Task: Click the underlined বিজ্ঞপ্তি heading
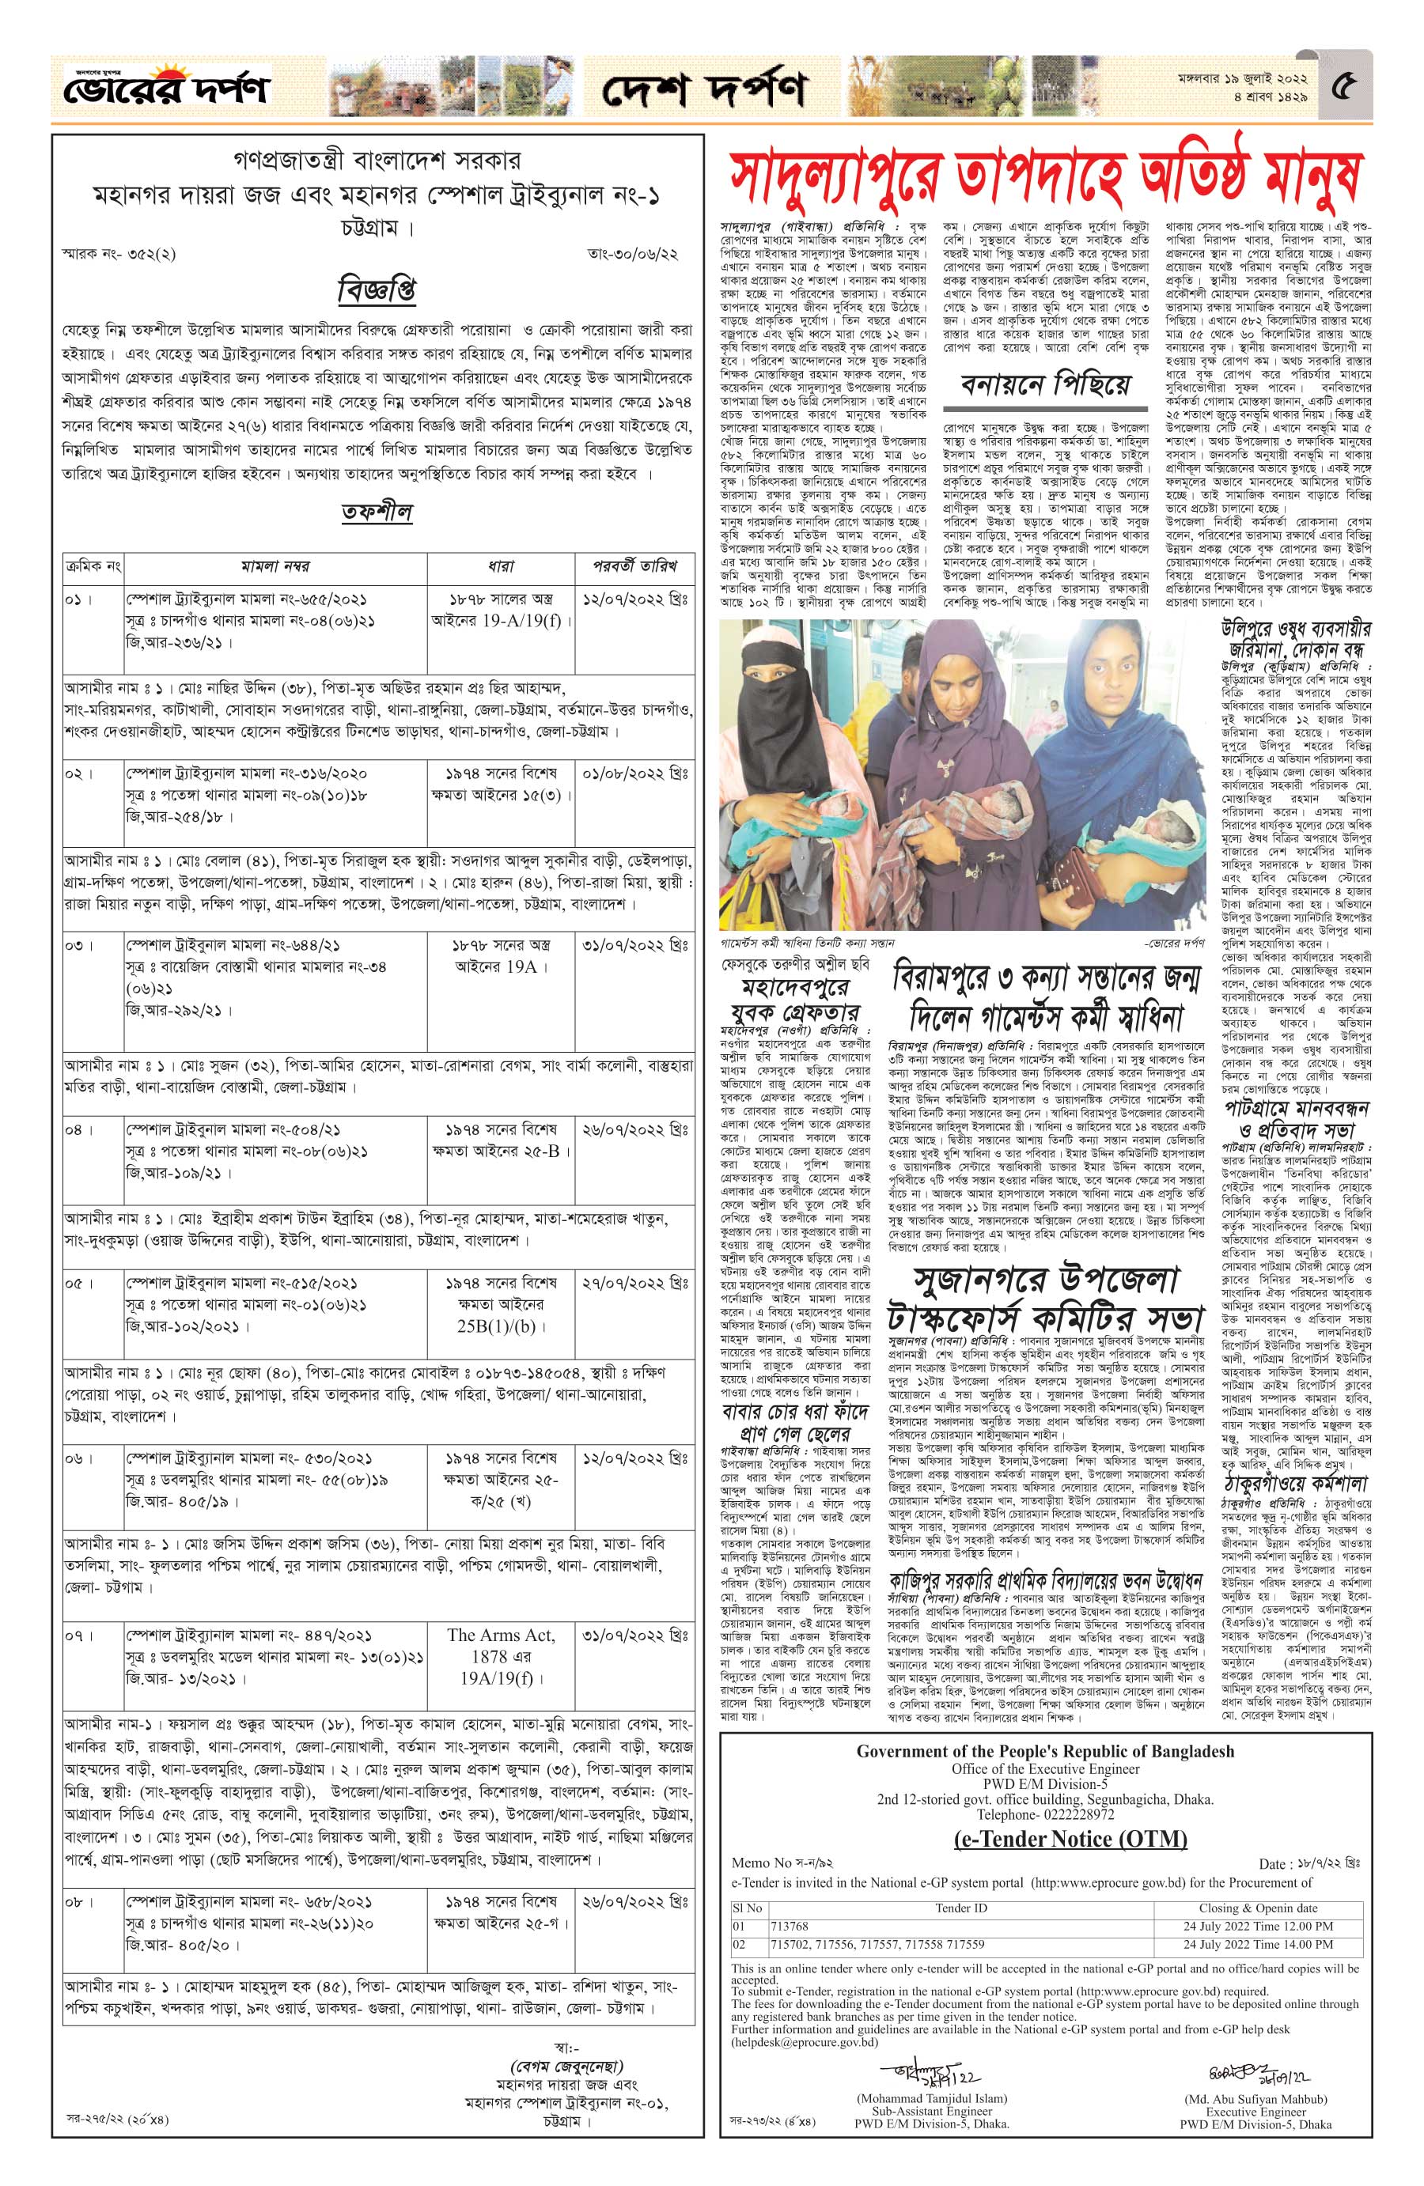pyautogui.click(x=376, y=290)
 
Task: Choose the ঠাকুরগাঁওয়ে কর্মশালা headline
pyautogui.click(x=1294, y=1482)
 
